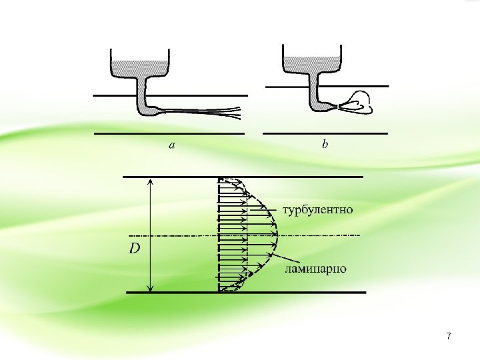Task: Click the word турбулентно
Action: [x=318, y=211]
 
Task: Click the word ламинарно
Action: [x=315, y=269]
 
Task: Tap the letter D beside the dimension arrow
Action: [x=135, y=249]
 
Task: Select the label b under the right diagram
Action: [x=325, y=144]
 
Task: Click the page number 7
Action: [x=449, y=337]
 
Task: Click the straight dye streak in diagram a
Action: [x=200, y=111]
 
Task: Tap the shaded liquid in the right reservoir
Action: [x=312, y=62]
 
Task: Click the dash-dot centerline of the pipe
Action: [x=320, y=235]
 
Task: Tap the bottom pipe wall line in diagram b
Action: [x=325, y=133]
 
